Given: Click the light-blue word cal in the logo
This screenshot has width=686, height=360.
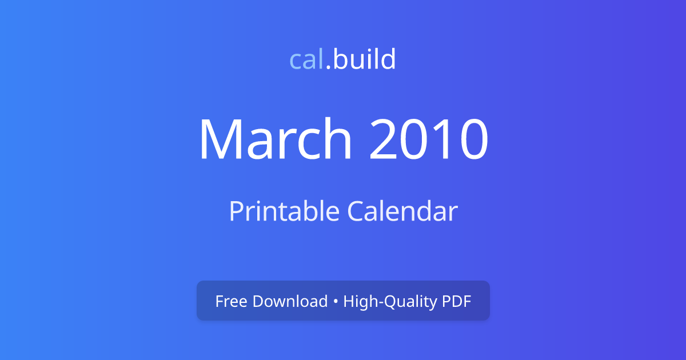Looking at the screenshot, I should (x=307, y=59).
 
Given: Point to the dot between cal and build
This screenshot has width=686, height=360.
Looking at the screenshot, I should (x=328, y=69).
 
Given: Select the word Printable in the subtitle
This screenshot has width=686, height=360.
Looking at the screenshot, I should (x=284, y=211).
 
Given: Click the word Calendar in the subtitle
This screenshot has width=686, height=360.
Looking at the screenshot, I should (x=402, y=211).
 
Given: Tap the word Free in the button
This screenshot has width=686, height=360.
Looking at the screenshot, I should (x=231, y=301).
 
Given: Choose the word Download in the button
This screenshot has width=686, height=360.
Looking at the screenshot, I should (x=290, y=301).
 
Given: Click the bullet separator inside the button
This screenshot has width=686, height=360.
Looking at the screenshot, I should (x=336, y=302).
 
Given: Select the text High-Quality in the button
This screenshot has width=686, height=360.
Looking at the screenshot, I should (x=390, y=302).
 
